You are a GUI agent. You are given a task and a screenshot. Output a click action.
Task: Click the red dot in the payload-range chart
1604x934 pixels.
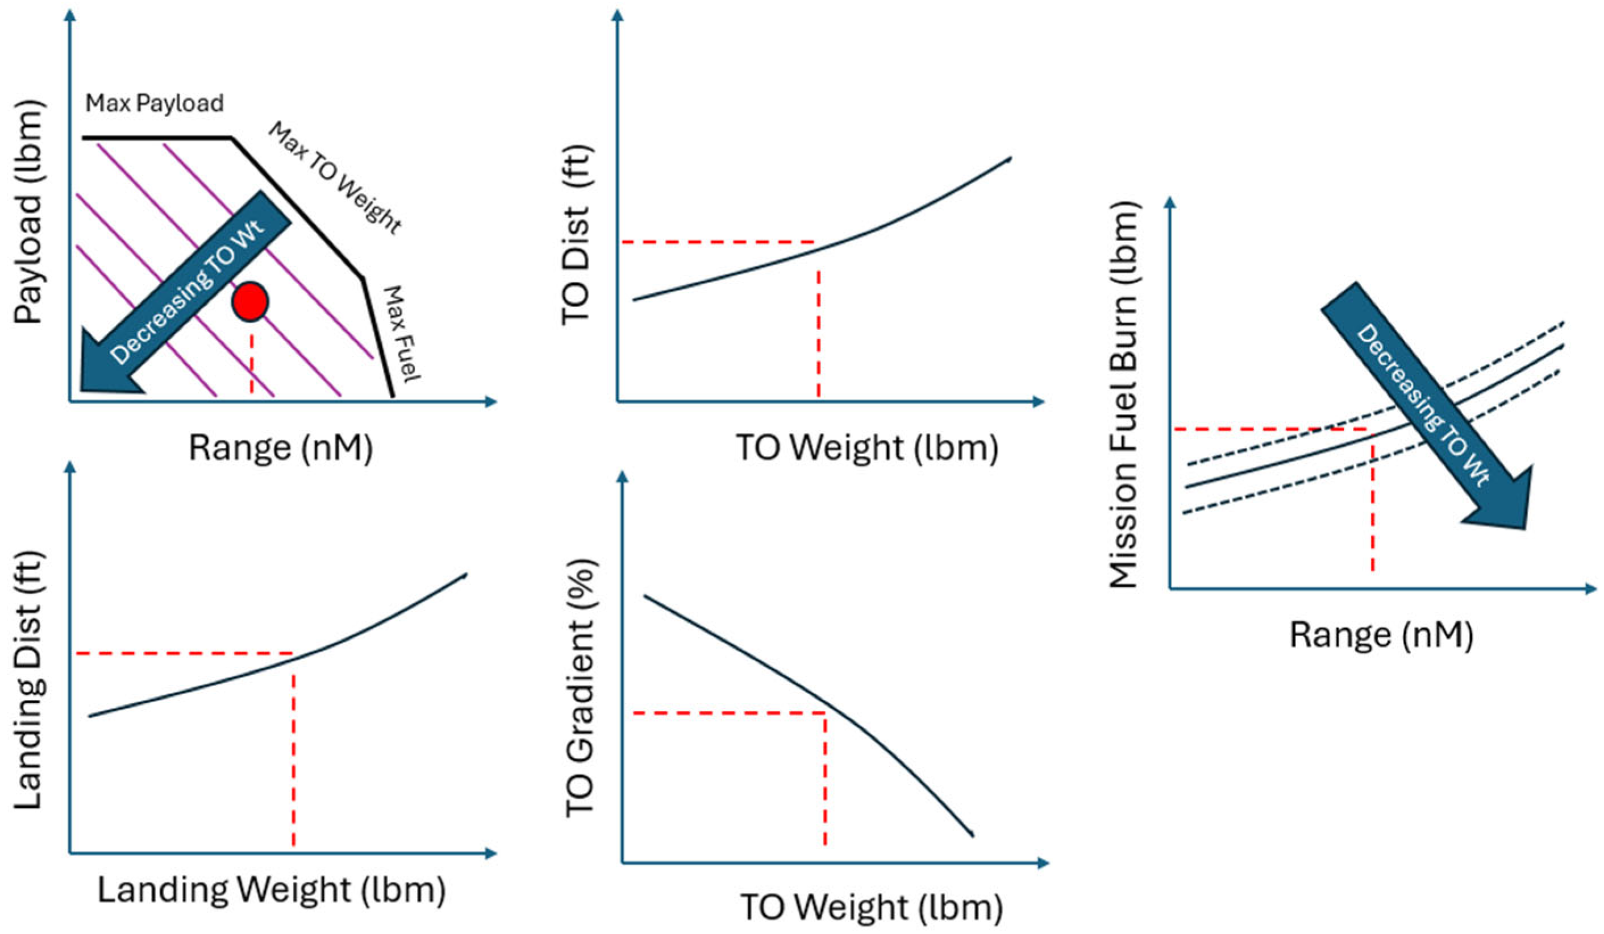point(250,301)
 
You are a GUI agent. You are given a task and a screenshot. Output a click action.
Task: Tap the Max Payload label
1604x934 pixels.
point(155,103)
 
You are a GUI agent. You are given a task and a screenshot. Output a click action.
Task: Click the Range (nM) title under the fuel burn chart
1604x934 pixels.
point(1381,635)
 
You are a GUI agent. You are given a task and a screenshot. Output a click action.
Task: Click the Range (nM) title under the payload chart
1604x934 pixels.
point(281,447)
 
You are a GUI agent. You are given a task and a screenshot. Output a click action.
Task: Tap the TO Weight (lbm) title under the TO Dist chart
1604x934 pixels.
point(867,447)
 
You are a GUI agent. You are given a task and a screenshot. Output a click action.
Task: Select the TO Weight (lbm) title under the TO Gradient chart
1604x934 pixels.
point(870,907)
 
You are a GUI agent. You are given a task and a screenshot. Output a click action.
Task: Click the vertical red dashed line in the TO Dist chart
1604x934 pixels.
point(818,334)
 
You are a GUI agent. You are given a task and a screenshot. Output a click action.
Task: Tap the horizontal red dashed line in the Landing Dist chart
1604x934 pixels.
point(184,653)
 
